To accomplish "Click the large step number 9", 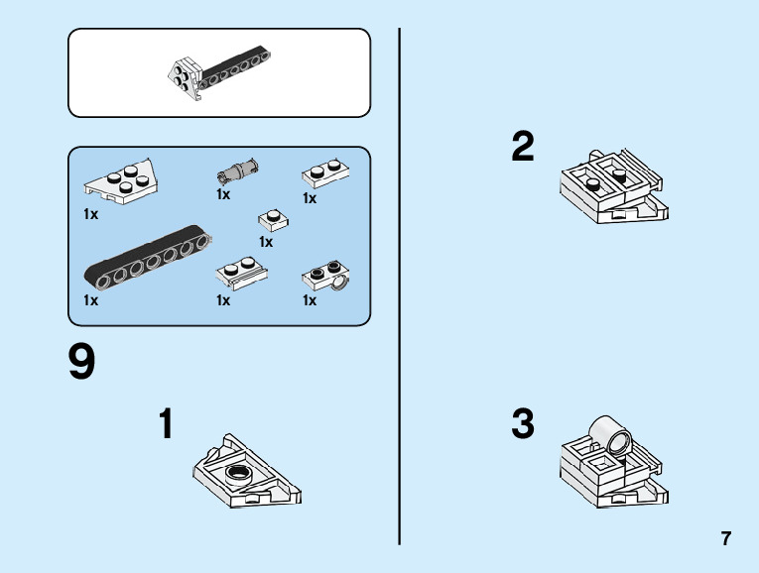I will tap(81, 363).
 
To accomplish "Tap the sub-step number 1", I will tap(167, 424).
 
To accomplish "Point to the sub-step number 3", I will tap(523, 424).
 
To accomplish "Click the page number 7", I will tap(726, 539).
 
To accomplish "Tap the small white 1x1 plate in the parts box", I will tap(272, 220).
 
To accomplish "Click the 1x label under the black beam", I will tap(91, 300).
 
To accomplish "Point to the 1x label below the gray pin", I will tap(223, 194).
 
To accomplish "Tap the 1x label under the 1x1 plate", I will tap(266, 241).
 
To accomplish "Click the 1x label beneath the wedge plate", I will tap(91, 213).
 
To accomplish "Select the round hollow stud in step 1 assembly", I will tap(239, 472).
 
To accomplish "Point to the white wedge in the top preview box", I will tap(186, 75).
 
